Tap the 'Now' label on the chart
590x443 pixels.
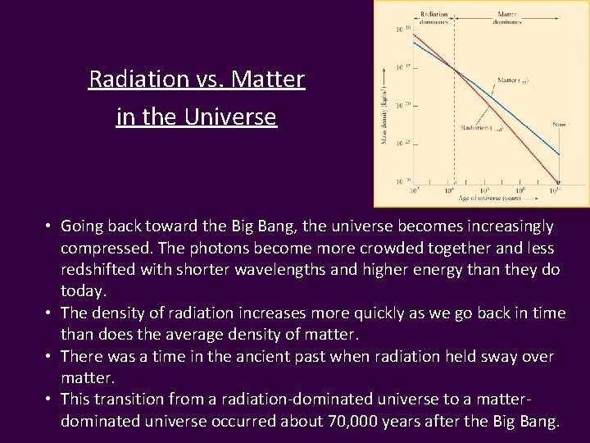click(x=559, y=124)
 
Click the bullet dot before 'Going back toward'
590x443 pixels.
click(x=50, y=226)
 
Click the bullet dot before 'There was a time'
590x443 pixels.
click(x=50, y=357)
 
